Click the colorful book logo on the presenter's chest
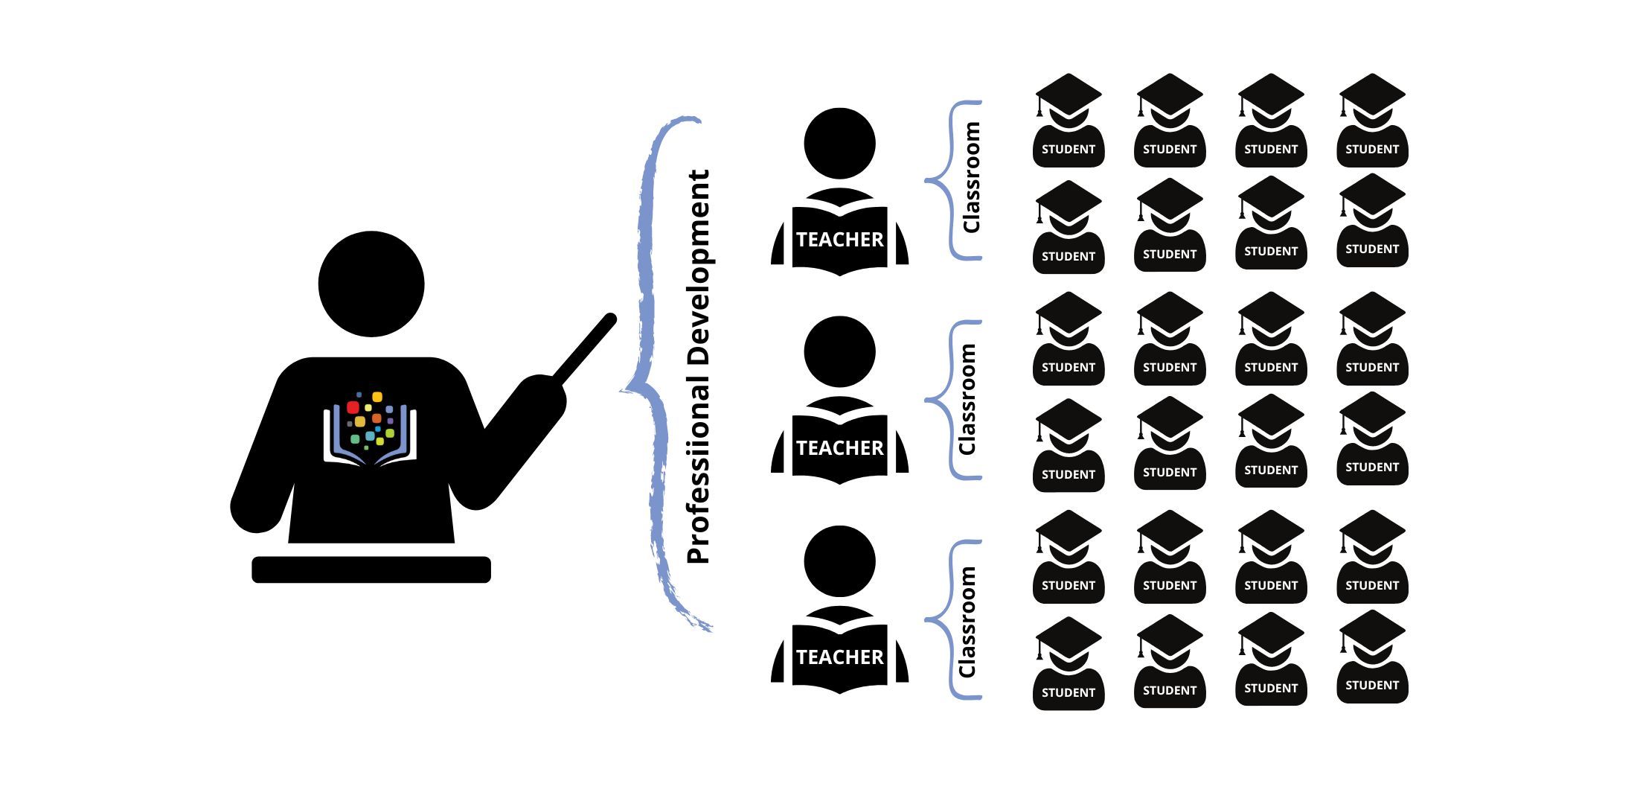click(x=370, y=428)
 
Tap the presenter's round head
click(x=371, y=284)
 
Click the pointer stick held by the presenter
click(x=585, y=349)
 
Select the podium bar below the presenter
click(x=371, y=569)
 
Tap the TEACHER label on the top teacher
click(x=839, y=240)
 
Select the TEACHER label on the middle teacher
click(x=839, y=448)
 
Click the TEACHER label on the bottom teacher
click(x=839, y=657)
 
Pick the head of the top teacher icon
click(x=839, y=144)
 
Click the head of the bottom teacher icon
click(x=839, y=561)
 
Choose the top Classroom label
click(x=971, y=178)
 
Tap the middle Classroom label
click(x=967, y=400)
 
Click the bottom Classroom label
click(x=967, y=622)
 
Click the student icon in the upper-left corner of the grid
click(x=1069, y=123)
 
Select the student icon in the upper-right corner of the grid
click(x=1372, y=123)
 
